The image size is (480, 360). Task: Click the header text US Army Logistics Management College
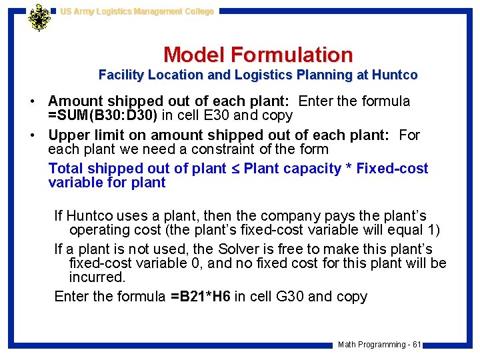[137, 11]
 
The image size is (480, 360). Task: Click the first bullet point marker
[32, 102]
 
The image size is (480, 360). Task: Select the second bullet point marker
[32, 135]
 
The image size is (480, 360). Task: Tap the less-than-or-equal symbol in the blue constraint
[235, 169]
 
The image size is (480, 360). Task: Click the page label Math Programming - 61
[379, 345]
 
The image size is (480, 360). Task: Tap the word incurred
[97, 277]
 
